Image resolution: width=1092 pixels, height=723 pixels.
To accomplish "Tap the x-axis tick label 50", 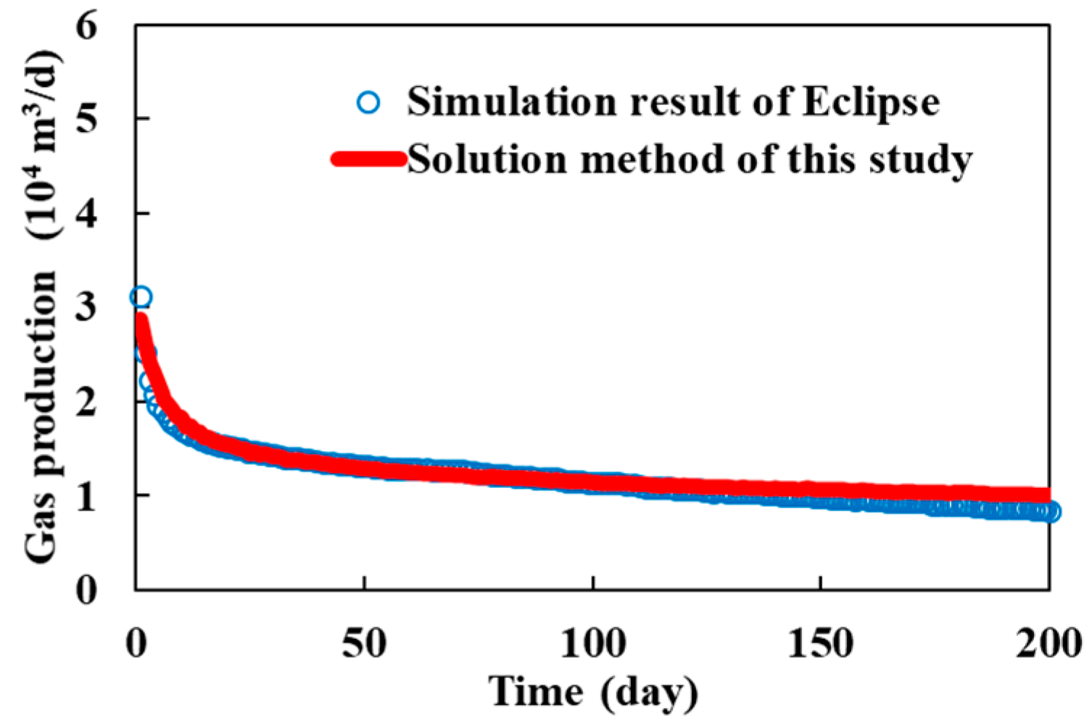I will click(x=364, y=643).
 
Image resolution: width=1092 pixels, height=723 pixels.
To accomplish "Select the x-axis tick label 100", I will click(x=592, y=643).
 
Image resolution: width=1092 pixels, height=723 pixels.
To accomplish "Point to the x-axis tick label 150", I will click(x=820, y=643).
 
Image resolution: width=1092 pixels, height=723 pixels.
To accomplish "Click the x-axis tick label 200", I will click(x=1048, y=643).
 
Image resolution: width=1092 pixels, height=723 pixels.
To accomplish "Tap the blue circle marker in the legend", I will click(x=368, y=102).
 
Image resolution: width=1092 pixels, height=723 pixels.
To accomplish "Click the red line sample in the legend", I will click(x=368, y=160).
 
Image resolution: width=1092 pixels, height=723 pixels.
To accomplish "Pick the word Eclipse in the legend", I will click(x=870, y=102).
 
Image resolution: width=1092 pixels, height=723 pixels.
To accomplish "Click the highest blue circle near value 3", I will click(x=141, y=297).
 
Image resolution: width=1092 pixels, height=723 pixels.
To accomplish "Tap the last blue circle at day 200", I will click(x=1050, y=512).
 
